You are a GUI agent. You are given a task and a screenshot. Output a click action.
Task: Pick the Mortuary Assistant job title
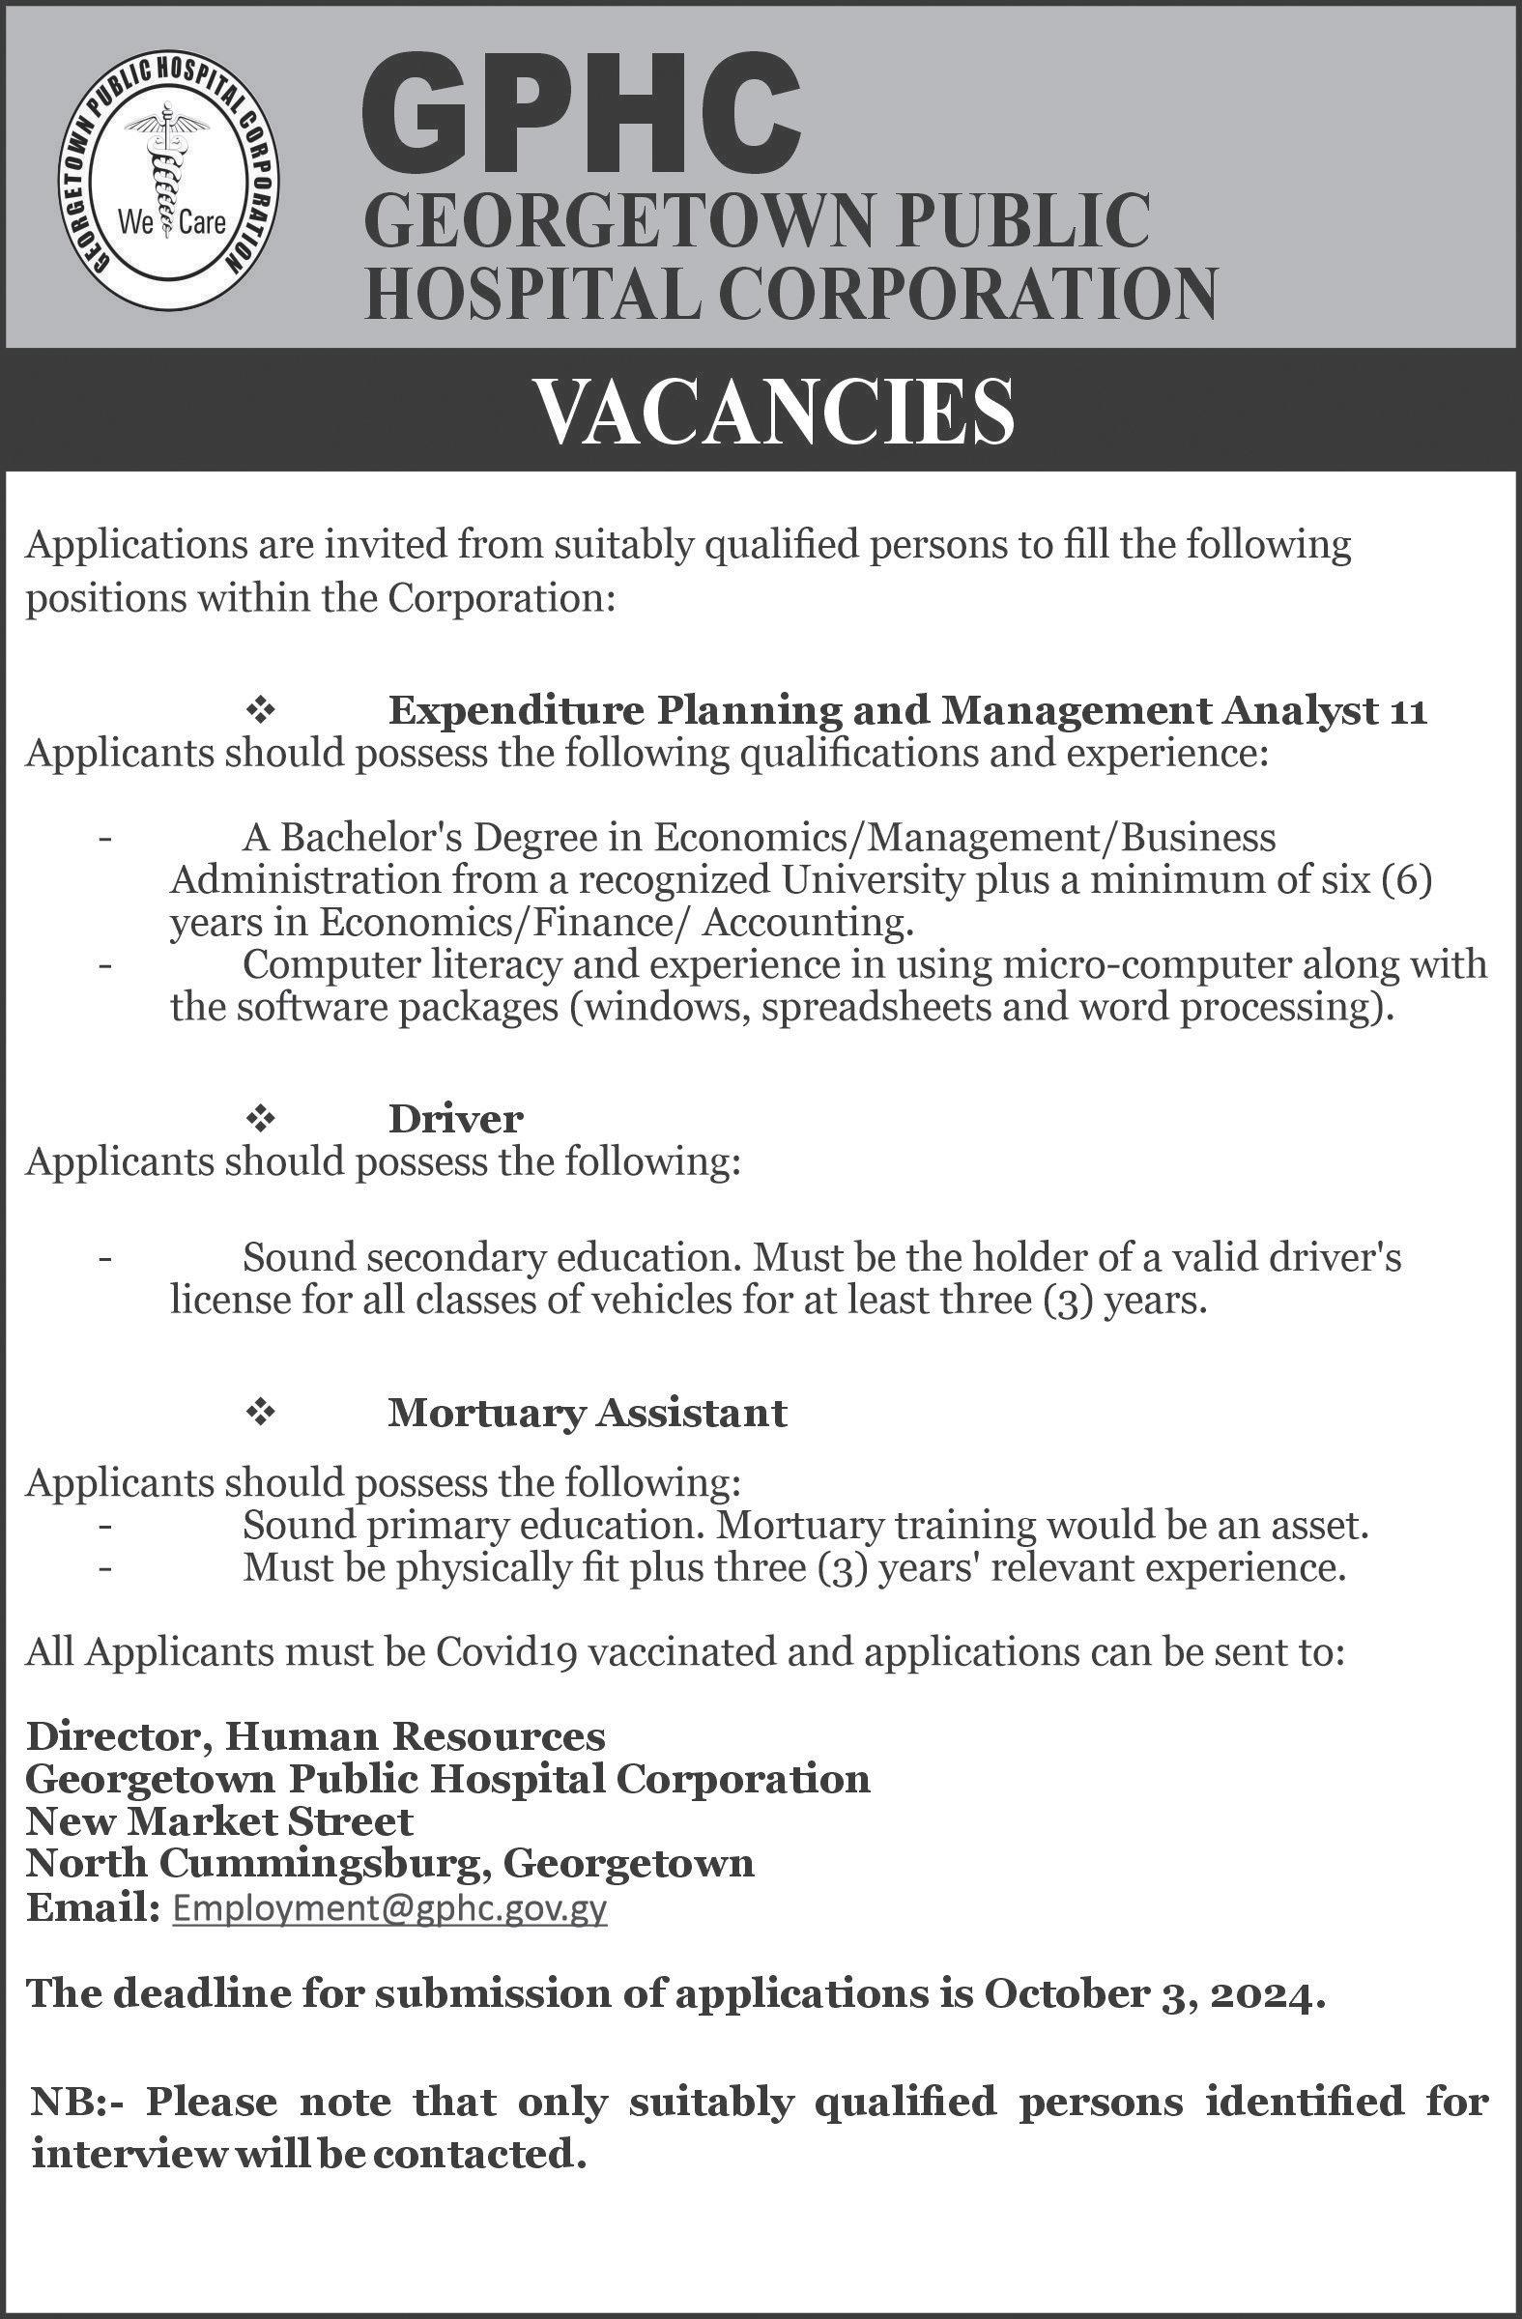pyautogui.click(x=587, y=1413)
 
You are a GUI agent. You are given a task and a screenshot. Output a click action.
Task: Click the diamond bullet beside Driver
pyautogui.click(x=261, y=1120)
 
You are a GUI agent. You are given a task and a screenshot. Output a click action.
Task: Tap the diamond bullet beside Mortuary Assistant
pyautogui.click(x=261, y=1413)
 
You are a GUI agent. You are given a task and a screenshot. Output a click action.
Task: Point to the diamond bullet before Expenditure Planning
pyautogui.click(x=261, y=712)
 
